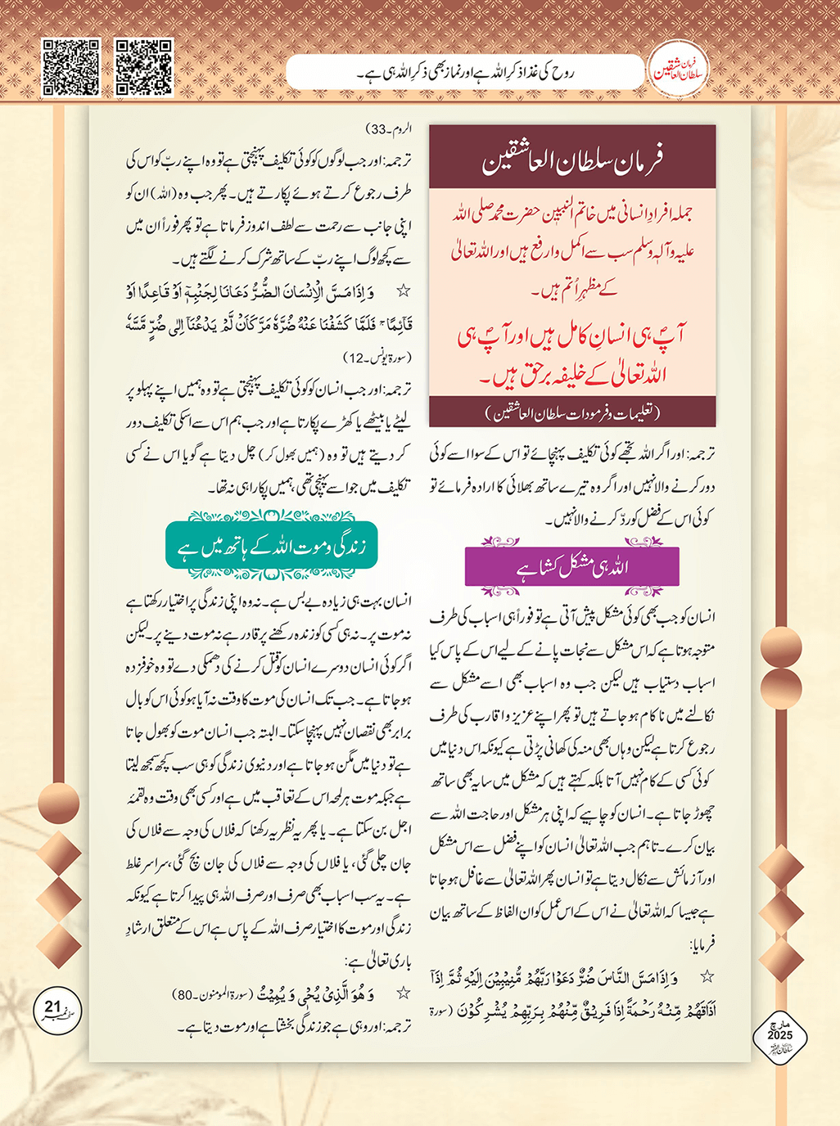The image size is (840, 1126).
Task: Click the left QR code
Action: coord(71,67)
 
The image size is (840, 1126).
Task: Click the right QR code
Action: coord(143,67)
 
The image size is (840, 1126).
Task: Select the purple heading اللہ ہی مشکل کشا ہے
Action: coord(572,566)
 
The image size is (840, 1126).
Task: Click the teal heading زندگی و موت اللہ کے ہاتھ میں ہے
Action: coord(271,546)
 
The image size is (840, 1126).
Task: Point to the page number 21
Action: coord(52,1007)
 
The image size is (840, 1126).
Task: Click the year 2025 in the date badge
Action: coord(779,1035)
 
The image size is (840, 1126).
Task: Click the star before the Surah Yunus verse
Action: coord(402,291)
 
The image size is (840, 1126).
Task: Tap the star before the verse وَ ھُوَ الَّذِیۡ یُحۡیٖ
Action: coord(402,993)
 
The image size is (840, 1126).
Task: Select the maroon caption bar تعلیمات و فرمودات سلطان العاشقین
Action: coord(572,413)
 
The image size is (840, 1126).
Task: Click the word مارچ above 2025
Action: coord(779,1023)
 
